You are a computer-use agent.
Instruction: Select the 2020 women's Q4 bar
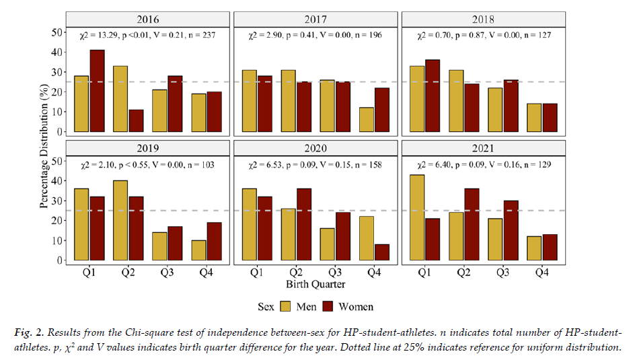381,252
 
